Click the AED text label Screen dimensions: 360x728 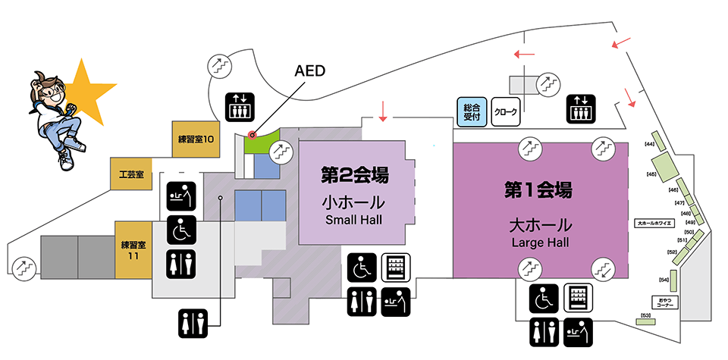coord(310,71)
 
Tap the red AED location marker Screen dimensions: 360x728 coord(253,135)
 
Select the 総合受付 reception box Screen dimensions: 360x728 coord(472,112)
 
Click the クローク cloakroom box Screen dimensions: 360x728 coord(506,112)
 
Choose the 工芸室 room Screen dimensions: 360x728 coord(131,174)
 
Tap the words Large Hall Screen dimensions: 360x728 coord(539,243)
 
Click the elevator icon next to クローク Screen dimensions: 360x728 coord(582,110)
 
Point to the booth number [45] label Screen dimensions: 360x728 coord(651,174)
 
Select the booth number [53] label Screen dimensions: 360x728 coord(647,315)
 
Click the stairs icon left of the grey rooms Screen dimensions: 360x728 coord(24,268)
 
